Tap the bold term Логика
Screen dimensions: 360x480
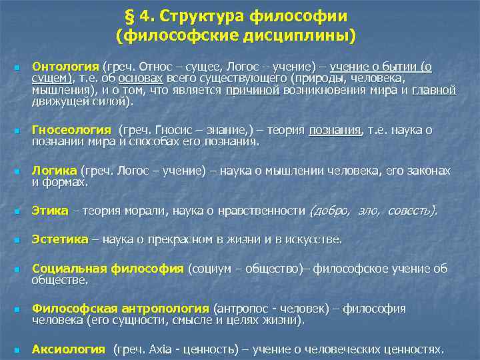pyautogui.click(x=54, y=171)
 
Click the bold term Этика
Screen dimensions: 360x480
pyautogui.click(x=50, y=211)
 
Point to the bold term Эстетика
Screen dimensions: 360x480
pyautogui.click(x=60, y=239)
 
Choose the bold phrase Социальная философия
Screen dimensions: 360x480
pyautogui.click(x=107, y=269)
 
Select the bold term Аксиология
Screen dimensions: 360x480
pyautogui.click(x=69, y=349)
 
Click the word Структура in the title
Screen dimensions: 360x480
pyautogui.click(x=198, y=15)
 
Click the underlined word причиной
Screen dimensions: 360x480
pyautogui.click(x=252, y=90)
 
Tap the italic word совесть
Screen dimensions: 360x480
pyautogui.click(x=412, y=211)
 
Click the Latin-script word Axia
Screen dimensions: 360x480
pyautogui.click(x=162, y=349)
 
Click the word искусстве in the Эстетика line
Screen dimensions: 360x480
pyautogui.click(x=313, y=239)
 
